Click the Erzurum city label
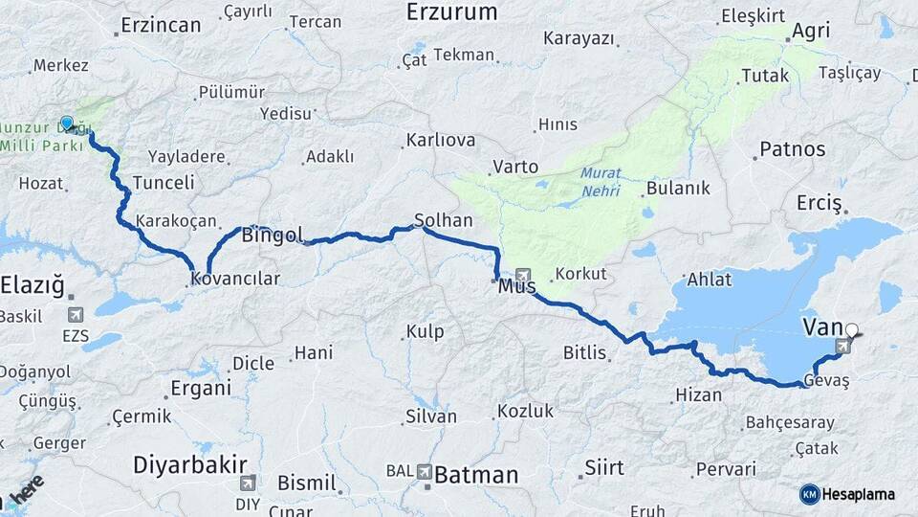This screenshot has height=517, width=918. coord(451,12)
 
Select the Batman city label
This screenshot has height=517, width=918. coord(475,474)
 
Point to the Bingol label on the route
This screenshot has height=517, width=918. coord(273,235)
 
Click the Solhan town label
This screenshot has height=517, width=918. coord(443,220)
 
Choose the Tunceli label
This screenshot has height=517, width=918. coord(164,182)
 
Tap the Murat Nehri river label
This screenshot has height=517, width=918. coord(601,182)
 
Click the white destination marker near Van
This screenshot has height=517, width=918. coord(852,334)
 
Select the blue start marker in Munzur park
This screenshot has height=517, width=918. coord(67,124)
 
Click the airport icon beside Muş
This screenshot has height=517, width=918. coord(523,276)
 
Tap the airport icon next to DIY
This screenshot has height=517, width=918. coord(249,483)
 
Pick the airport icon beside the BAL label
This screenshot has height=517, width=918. coord(423,471)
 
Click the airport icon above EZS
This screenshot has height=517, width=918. coord(76,314)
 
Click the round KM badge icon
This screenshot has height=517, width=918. coord(809,494)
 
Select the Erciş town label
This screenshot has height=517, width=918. coord(819,204)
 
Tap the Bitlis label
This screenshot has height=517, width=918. coord(584,353)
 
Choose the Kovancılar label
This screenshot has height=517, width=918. coord(235,280)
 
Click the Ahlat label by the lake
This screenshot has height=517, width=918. coord(709,280)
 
